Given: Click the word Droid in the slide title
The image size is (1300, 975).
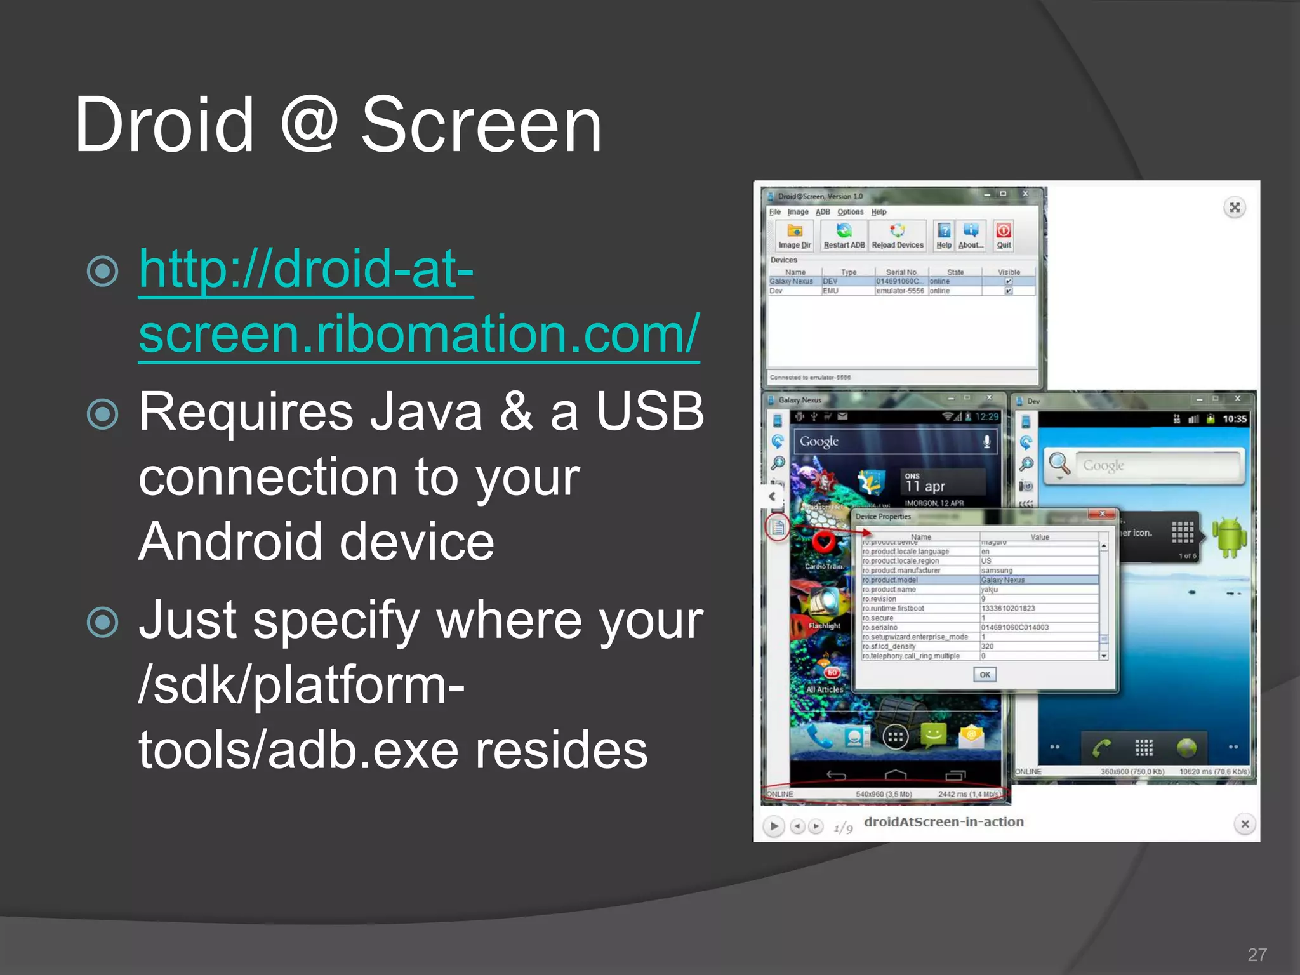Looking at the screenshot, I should coord(164,125).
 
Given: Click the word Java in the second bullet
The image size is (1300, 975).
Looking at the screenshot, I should coord(426,413).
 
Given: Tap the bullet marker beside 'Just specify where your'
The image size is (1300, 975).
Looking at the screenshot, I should coord(103,622).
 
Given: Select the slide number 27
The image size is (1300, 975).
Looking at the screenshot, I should coord(1257,954).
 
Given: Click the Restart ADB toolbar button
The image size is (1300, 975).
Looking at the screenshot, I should coord(844,236).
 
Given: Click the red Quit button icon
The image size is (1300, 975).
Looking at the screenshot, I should coord(1004,231).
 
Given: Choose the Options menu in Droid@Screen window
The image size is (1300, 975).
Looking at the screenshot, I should coord(850,212).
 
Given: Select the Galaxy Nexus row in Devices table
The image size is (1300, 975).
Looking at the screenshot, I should coord(792,281).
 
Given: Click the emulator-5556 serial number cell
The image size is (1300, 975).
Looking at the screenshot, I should coord(899,291).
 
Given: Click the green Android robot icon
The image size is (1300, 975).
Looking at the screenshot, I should coord(1229,536).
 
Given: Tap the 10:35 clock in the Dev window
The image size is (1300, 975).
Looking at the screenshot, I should coord(1234,419).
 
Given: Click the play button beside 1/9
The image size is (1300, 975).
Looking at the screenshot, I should coord(773,826).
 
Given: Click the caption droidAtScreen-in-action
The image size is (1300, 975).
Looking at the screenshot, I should coord(943,822).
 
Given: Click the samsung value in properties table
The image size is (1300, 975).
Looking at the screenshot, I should coord(997,571).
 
